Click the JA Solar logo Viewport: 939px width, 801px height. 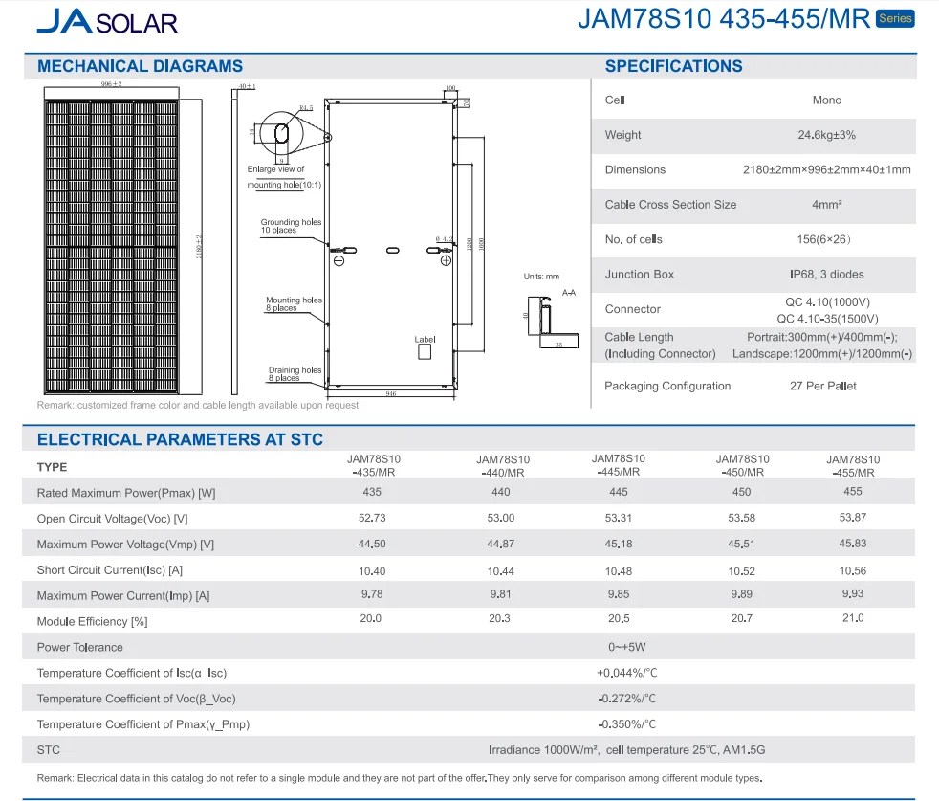pos(106,21)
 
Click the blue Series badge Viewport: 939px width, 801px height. pos(895,19)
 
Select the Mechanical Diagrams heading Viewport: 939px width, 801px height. pos(140,66)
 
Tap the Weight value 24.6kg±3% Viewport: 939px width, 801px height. pos(826,135)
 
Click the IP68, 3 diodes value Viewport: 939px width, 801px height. pos(826,275)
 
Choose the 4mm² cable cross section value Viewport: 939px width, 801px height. pos(826,205)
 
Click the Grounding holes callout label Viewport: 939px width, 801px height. pos(291,227)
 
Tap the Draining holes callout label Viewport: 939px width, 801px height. pos(295,374)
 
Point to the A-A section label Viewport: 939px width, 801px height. pos(569,292)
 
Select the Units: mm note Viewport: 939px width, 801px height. pos(541,277)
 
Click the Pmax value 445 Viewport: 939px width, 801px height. pos(618,492)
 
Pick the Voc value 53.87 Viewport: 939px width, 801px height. pos(853,518)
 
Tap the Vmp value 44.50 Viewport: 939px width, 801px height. pos(372,544)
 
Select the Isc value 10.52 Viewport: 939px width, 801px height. pos(741,570)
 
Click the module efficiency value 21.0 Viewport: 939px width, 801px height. pos(853,618)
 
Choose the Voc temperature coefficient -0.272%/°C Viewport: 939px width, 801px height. pos(626,699)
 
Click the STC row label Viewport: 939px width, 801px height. pos(49,750)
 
